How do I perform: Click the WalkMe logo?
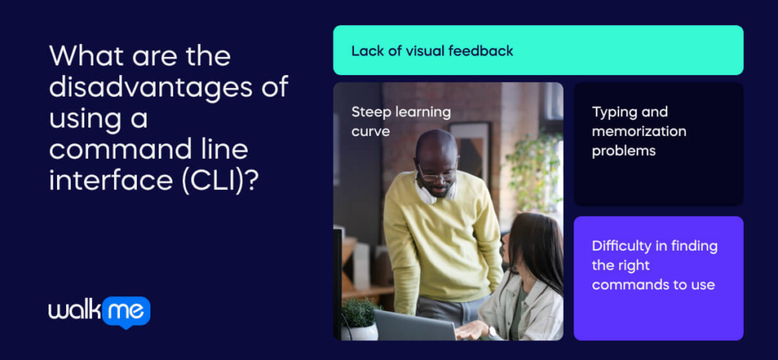100,312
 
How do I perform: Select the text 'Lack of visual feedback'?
432,51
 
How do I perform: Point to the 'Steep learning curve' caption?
401,122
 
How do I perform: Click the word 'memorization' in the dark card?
639,131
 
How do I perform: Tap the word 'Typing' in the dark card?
612,112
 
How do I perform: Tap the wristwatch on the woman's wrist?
492,331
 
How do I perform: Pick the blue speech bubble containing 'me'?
126,312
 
